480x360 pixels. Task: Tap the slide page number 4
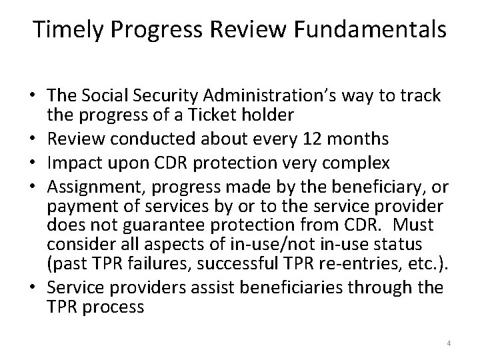(x=449, y=343)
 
